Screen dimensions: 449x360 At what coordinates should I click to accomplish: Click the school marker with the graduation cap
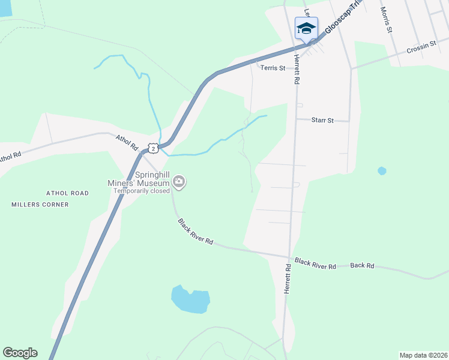306,28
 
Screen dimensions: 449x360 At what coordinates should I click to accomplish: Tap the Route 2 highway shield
154,148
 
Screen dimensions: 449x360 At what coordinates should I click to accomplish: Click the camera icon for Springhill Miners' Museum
178,181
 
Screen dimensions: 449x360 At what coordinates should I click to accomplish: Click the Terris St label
273,68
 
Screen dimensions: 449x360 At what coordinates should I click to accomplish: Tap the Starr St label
322,120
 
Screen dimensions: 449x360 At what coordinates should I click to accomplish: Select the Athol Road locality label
67,193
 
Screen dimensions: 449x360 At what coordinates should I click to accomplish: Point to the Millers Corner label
40,205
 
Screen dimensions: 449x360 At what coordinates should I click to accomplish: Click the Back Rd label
362,265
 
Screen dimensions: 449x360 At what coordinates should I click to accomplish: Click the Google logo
20,353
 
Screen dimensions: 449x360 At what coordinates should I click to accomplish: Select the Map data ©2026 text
423,355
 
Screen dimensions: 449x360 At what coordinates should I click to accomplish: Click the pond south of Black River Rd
190,299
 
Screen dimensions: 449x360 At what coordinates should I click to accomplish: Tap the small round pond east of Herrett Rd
382,171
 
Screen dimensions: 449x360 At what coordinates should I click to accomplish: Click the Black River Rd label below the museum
196,232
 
